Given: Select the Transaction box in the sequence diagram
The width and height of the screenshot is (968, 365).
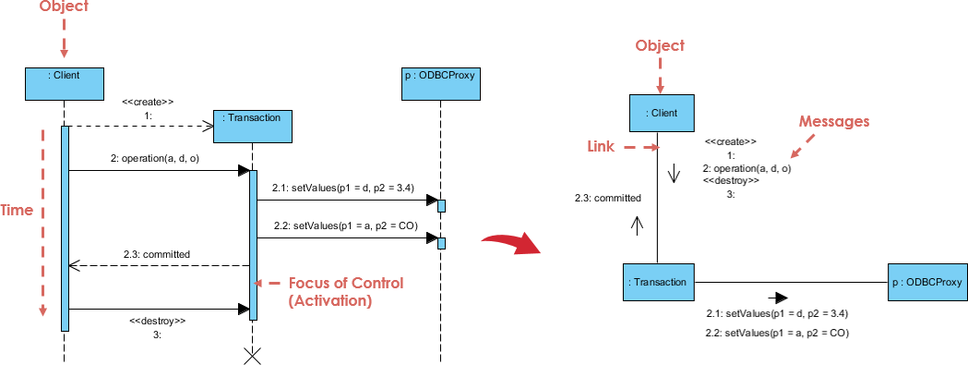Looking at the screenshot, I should [250, 127].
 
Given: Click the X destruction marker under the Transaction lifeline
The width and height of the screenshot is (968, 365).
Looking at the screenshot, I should [251, 356].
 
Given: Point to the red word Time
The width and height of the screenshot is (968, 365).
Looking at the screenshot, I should [17, 211].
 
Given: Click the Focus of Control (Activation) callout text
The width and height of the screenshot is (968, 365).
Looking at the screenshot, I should [346, 292].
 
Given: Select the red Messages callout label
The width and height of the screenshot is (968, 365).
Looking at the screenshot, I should [833, 121].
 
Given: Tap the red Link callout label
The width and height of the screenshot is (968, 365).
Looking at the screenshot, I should [602, 147].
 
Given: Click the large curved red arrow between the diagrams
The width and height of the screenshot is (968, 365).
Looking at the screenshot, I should [511, 243].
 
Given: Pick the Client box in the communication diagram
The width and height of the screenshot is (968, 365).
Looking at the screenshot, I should [658, 113].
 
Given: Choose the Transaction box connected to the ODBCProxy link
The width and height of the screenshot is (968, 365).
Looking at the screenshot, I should [659, 281].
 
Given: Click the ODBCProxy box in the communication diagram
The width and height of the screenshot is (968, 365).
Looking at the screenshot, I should [926, 281].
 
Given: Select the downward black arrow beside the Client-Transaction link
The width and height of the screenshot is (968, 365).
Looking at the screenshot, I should [674, 173].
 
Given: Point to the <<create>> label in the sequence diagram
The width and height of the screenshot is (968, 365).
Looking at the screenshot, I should [149, 102].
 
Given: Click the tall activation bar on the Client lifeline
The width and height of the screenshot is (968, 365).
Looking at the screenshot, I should [65, 227].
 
